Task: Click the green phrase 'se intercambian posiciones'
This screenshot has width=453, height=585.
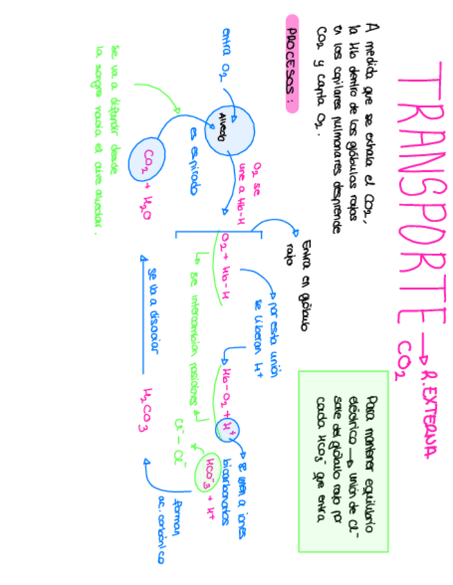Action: (195, 338)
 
